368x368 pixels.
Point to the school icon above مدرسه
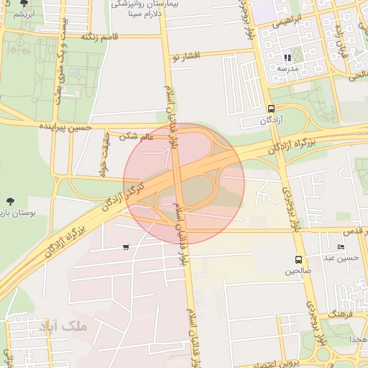pos(287,57)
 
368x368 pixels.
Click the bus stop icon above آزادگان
pos(271,109)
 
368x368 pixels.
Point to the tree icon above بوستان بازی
pos(11,201)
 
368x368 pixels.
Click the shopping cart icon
pos(126,247)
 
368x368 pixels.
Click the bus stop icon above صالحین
pos(298,259)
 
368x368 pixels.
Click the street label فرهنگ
pos(337,315)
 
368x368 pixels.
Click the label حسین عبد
pos(340,257)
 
